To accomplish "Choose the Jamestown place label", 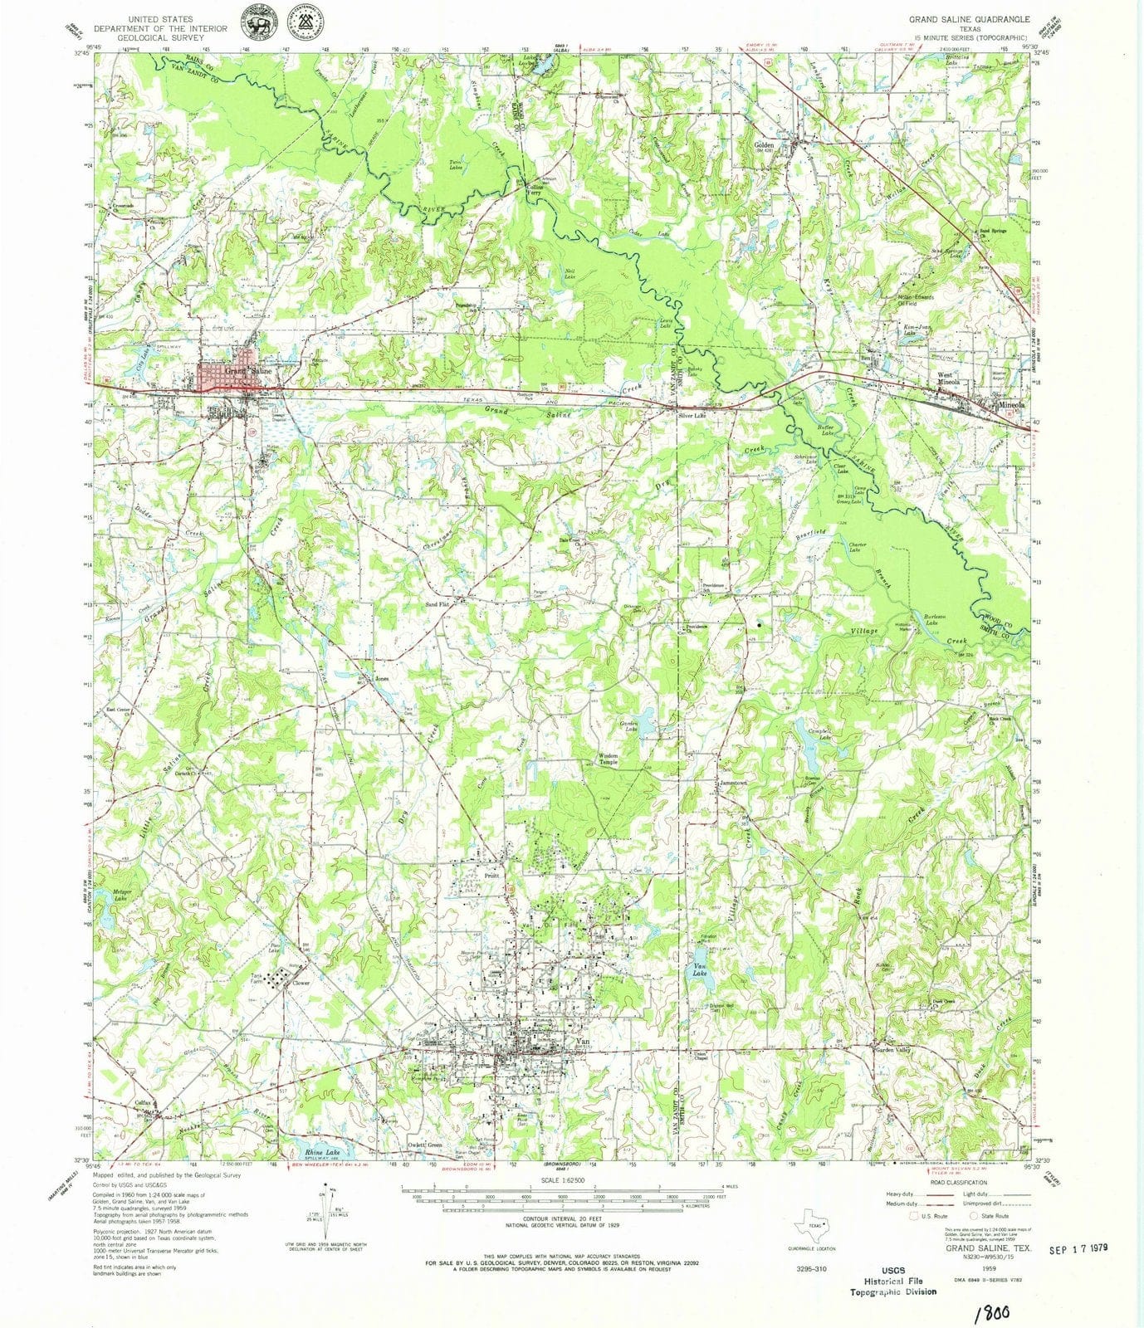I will [733, 783].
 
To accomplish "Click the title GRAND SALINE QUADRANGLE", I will [969, 18].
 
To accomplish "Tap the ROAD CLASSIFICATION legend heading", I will [959, 1182].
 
